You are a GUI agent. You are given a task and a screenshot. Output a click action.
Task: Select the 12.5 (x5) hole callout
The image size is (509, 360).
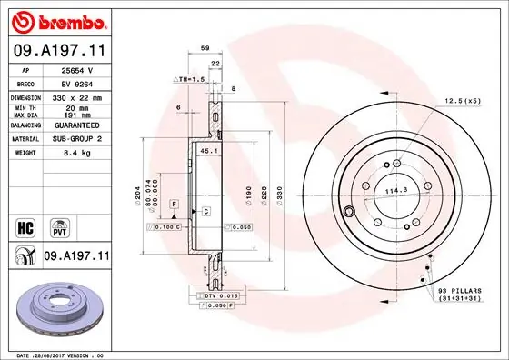pyautogui.click(x=463, y=101)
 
